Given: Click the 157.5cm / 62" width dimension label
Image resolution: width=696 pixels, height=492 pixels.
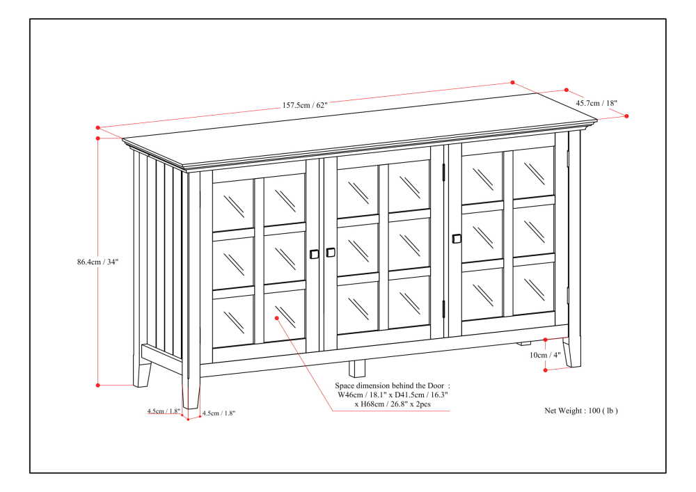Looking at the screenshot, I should click(x=304, y=106).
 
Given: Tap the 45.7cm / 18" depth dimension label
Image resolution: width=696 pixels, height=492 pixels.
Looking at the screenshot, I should click(x=597, y=103).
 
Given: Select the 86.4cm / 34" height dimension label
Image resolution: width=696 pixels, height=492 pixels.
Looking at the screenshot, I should click(x=98, y=262).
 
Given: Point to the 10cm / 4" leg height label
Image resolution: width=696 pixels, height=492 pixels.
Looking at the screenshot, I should click(x=545, y=355).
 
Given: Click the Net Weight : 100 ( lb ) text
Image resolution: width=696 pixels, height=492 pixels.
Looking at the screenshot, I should click(x=580, y=411).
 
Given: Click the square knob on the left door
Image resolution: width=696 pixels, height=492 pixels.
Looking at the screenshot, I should click(x=314, y=254).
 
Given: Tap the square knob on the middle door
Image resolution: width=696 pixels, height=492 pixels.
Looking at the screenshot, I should click(x=331, y=252).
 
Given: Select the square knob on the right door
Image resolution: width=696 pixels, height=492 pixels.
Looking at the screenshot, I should click(x=457, y=239).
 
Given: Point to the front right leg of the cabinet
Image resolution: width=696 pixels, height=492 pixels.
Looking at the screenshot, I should click(x=572, y=351).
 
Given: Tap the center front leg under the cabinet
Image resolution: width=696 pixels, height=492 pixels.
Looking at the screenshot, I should click(x=357, y=368).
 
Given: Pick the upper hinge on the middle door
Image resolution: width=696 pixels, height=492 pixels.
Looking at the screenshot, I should click(x=443, y=171).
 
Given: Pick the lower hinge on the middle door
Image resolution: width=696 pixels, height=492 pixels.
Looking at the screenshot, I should click(x=443, y=308).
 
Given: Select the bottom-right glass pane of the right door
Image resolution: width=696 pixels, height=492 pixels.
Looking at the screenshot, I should click(x=534, y=285).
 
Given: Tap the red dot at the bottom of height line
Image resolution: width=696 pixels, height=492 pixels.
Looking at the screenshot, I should click(x=98, y=385).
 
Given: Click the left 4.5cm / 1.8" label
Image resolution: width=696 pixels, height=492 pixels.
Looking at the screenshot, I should click(x=163, y=411).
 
